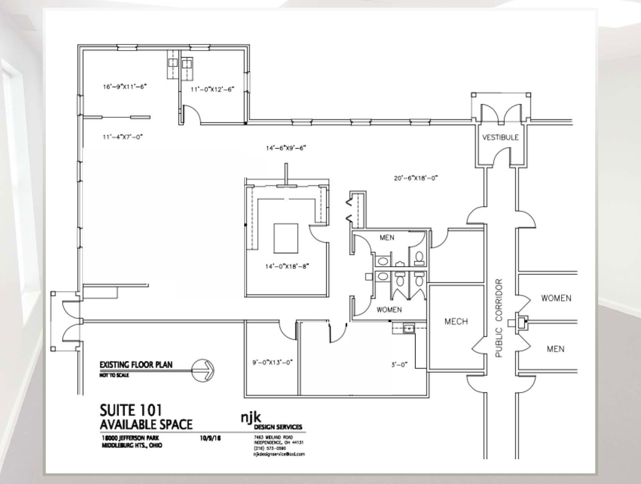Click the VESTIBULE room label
coord(500,137)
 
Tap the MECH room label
coord(456,321)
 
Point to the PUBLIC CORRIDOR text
coord(499,318)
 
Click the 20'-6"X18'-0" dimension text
coord(416,178)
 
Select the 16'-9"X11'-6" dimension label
coord(125,87)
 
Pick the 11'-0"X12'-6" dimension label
coord(212,90)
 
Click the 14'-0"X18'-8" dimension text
coord(287,266)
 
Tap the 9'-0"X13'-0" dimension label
coord(272,363)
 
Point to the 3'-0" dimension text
coord(399,365)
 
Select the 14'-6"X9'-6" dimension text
coord(287,148)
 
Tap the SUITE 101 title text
coord(131,410)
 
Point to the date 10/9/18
coord(210,438)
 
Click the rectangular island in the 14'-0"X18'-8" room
coord(286,238)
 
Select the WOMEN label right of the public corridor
coord(556,298)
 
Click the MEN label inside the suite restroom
coord(387,238)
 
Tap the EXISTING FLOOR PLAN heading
coord(136,365)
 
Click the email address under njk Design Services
coord(279,454)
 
